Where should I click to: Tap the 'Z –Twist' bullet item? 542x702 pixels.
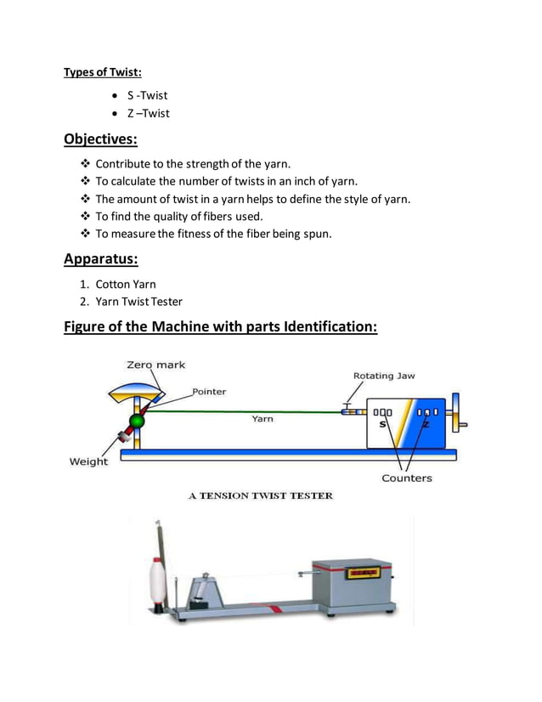(x=148, y=113)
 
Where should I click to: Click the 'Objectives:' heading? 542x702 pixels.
(x=100, y=139)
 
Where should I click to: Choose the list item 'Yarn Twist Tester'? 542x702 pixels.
(x=138, y=301)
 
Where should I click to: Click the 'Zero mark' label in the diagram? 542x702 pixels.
(x=155, y=365)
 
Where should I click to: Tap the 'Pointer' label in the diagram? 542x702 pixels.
(x=209, y=392)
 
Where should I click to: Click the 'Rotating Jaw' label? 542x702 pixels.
(x=384, y=376)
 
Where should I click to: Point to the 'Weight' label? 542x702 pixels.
(x=88, y=461)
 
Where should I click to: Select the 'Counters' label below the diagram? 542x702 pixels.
(x=406, y=478)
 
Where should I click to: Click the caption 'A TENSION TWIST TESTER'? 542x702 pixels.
(x=260, y=496)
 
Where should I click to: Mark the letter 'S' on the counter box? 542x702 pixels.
(x=382, y=423)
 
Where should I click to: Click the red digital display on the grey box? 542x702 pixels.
(x=364, y=575)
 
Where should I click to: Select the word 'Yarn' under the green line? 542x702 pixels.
(x=262, y=419)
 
